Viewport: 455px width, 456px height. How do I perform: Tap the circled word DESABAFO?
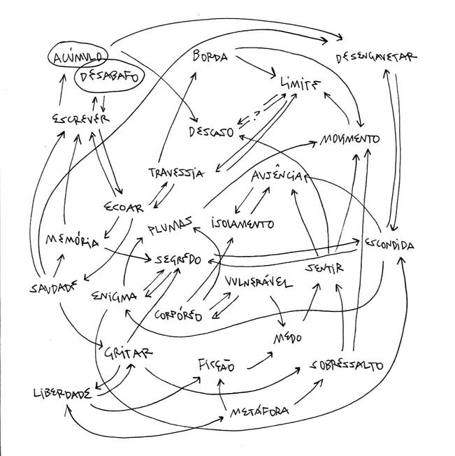coord(106,78)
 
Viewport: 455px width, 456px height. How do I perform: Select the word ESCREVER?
coord(80,120)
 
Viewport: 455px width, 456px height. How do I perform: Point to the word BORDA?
coord(210,57)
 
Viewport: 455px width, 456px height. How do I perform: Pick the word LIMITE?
coord(300,85)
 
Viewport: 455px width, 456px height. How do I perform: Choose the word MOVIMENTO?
coord(349,138)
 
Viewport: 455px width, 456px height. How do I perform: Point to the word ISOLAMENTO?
coord(243,225)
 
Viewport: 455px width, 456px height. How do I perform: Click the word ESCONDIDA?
coord(389,245)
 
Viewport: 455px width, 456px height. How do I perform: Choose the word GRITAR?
coord(129,352)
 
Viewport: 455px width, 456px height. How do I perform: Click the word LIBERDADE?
coord(62,393)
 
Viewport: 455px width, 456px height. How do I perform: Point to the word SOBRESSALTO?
coord(347,365)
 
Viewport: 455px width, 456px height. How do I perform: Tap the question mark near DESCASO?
coord(257,110)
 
